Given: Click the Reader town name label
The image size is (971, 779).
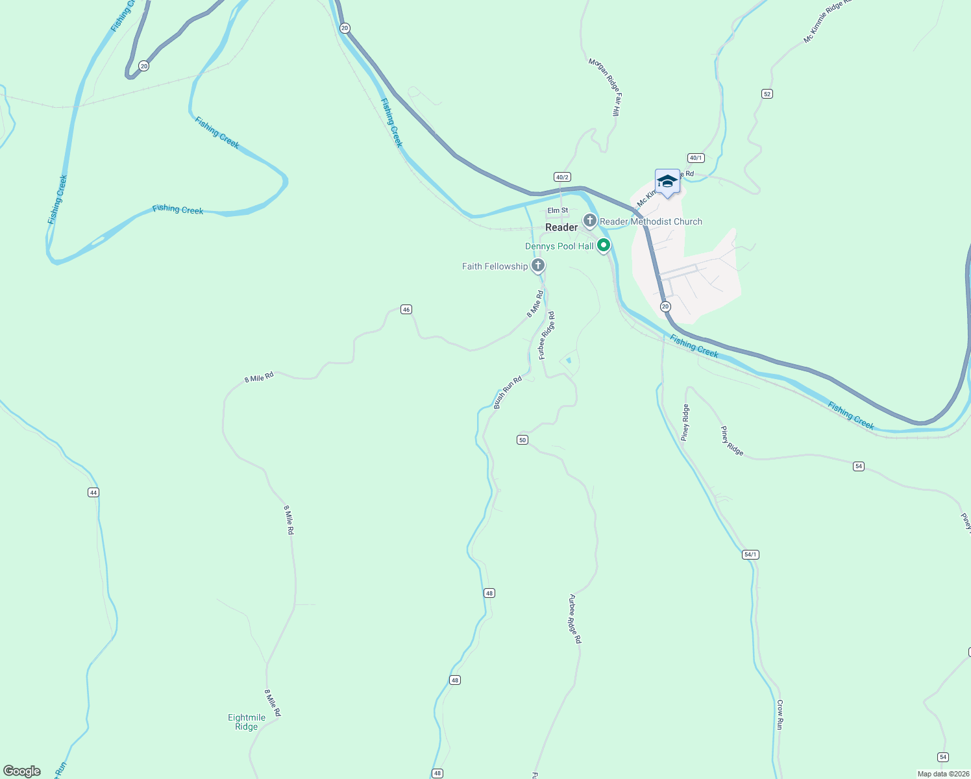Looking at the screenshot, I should pyautogui.click(x=561, y=227).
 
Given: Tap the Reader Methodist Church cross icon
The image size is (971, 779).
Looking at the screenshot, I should pyautogui.click(x=590, y=221).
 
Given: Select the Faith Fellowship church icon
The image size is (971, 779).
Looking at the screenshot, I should pyautogui.click(x=538, y=266).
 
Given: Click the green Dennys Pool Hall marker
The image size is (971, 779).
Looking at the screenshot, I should pyautogui.click(x=604, y=245).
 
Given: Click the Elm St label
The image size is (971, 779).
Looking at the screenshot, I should pyautogui.click(x=558, y=210).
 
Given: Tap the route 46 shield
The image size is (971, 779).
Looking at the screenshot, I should pyautogui.click(x=406, y=310).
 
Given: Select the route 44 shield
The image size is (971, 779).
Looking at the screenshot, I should pyautogui.click(x=93, y=493).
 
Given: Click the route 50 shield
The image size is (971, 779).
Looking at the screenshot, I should pyautogui.click(x=522, y=440).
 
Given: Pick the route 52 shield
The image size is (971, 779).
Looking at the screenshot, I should pyautogui.click(x=767, y=94).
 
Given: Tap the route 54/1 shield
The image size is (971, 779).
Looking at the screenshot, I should pyautogui.click(x=750, y=554).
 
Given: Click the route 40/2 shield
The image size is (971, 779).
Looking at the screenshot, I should pyautogui.click(x=562, y=177).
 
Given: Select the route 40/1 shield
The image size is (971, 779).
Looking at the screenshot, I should pyautogui.click(x=696, y=158).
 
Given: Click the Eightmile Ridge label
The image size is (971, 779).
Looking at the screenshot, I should pyautogui.click(x=247, y=722).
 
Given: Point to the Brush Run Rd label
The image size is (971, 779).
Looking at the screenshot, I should pyautogui.click(x=508, y=392).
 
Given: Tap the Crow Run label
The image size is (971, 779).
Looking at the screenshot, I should pyautogui.click(x=780, y=714).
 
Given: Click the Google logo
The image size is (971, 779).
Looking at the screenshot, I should pyautogui.click(x=22, y=771).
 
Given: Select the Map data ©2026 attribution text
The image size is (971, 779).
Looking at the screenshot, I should pyautogui.click(x=942, y=774).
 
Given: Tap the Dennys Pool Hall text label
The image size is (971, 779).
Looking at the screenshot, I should pyautogui.click(x=559, y=246).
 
